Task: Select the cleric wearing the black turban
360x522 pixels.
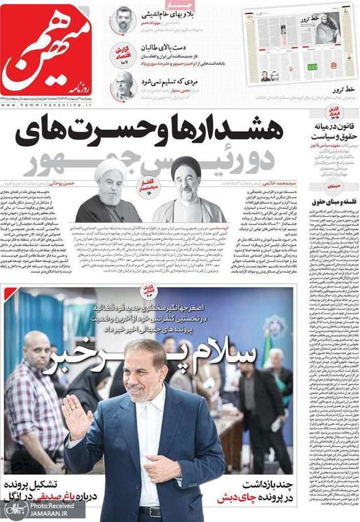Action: coord(185,189)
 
